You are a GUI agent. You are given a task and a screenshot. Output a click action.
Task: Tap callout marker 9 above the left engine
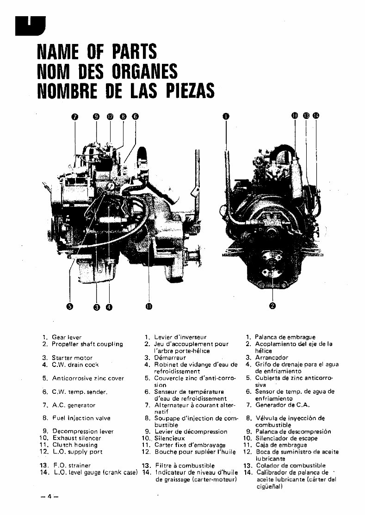[96, 117]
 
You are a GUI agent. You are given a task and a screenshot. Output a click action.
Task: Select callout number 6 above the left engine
[135, 117]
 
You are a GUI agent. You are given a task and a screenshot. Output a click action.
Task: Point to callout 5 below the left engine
[70, 305]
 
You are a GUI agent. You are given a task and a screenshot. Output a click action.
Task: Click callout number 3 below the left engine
[97, 306]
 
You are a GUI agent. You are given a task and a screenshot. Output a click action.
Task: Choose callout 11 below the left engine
[149, 306]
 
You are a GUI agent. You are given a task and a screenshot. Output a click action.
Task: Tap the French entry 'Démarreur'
[169, 358]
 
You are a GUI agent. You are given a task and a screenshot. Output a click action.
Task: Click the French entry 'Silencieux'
[169, 438]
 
